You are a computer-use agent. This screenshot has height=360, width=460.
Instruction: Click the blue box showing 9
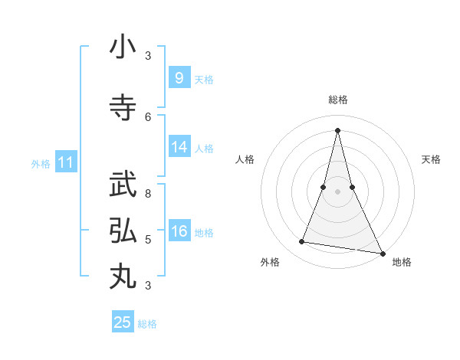pyautogui.click(x=179, y=78)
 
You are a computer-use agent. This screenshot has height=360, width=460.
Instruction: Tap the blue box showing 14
pyautogui.click(x=179, y=147)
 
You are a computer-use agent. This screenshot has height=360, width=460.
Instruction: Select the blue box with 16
pyautogui.click(x=179, y=231)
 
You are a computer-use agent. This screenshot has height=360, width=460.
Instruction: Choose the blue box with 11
pyautogui.click(x=66, y=162)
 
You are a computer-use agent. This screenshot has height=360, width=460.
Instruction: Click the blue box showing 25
pyautogui.click(x=123, y=322)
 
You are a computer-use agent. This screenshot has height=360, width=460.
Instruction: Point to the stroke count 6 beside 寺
pyautogui.click(x=148, y=116)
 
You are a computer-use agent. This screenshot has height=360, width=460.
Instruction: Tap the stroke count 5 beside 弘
pyautogui.click(x=148, y=239)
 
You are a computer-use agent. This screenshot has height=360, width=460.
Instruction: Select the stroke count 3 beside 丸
pyautogui.click(x=148, y=286)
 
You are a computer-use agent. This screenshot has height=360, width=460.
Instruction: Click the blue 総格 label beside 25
pyautogui.click(x=147, y=324)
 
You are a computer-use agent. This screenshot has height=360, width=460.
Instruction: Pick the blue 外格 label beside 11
pyautogui.click(x=41, y=163)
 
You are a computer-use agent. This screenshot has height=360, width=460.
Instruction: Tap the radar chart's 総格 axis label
pyautogui.click(x=337, y=100)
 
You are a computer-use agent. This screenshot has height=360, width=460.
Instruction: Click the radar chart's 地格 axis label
pyautogui.click(x=402, y=262)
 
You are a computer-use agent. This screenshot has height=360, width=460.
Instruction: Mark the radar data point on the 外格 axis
pyautogui.click(x=302, y=242)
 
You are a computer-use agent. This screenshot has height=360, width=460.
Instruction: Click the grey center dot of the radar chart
pyautogui.click(x=337, y=191)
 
